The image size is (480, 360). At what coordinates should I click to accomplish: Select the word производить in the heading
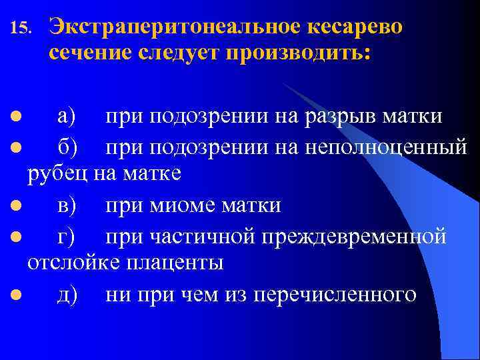[297, 55]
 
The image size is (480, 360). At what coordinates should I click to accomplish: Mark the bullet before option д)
[15, 294]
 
